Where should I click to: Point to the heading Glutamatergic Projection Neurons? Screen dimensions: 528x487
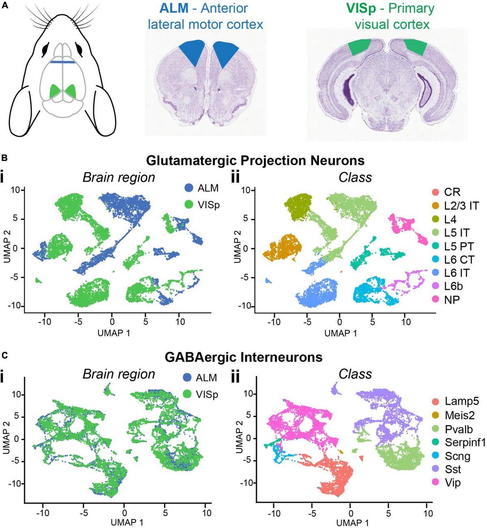tap(255, 160)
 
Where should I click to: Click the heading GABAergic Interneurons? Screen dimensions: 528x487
tap(243, 357)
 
